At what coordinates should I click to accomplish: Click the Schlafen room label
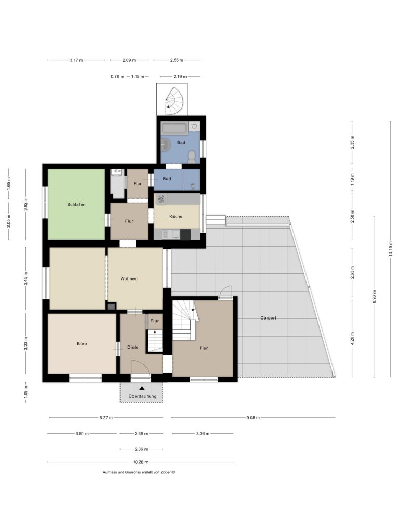pyautogui.click(x=76, y=204)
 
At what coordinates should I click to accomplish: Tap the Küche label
pyautogui.click(x=176, y=216)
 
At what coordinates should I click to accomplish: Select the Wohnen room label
pyautogui.click(x=129, y=278)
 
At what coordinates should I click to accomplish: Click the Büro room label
pyautogui.click(x=82, y=344)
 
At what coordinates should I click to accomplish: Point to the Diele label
pyautogui.click(x=132, y=347)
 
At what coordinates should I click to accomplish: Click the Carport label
pyautogui.click(x=268, y=318)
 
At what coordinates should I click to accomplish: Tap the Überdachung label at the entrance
pyautogui.click(x=142, y=396)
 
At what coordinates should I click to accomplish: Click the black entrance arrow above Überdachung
pyautogui.click(x=142, y=388)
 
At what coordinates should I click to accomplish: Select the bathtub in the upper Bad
pyautogui.click(x=174, y=128)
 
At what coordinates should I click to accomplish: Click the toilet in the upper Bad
pyautogui.click(x=192, y=156)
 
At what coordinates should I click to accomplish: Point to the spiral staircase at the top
pyautogui.click(x=175, y=101)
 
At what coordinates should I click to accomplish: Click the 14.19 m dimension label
pyautogui.click(x=391, y=249)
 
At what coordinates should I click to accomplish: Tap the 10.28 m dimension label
pyautogui.click(x=140, y=462)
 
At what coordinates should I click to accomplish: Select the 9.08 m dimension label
pyautogui.click(x=253, y=418)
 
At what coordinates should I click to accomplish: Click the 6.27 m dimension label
pyautogui.click(x=106, y=418)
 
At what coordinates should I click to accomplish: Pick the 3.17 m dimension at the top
pyautogui.click(x=76, y=60)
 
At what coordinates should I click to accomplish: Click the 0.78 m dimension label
pyautogui.click(x=117, y=77)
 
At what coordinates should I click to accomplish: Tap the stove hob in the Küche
pyautogui.click(x=162, y=199)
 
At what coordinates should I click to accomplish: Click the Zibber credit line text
pyautogui.click(x=139, y=472)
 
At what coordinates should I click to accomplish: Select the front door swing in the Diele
pyautogui.click(x=140, y=367)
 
